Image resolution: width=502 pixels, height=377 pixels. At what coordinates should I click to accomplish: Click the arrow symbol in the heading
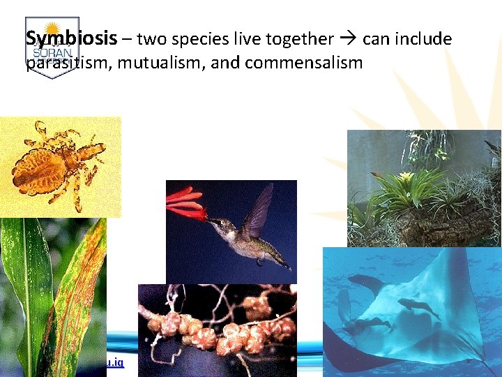[x=349, y=39]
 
